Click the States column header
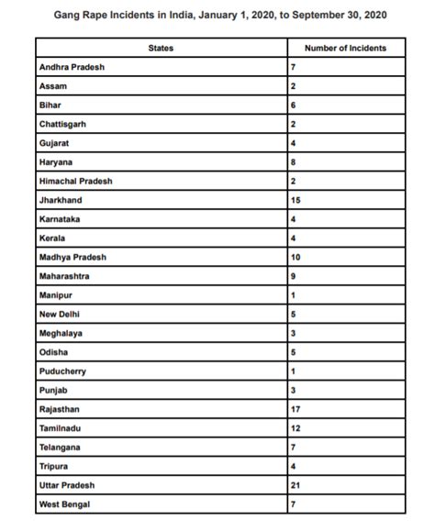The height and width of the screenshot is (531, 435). click(161, 48)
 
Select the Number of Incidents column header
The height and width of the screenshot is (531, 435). click(345, 48)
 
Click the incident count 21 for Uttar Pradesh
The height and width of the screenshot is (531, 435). click(296, 485)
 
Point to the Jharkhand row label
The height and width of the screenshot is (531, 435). click(59, 200)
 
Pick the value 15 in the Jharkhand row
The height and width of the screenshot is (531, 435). click(296, 200)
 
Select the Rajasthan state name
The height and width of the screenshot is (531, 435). click(59, 409)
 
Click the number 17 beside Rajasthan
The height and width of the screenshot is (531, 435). click(296, 409)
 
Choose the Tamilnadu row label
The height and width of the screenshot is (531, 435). click(60, 428)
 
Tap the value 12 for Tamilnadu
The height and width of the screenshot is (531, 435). click(296, 428)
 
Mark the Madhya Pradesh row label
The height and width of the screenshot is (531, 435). click(72, 257)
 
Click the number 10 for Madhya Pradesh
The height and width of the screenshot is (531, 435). click(296, 257)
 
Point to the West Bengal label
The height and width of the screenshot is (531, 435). click(64, 504)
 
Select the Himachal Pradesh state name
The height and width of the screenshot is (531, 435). click(76, 181)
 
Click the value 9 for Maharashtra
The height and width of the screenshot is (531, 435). click(294, 276)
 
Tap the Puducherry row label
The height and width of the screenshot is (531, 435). click(62, 371)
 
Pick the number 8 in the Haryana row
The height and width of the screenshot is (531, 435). click(294, 161)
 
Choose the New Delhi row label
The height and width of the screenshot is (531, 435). click(61, 314)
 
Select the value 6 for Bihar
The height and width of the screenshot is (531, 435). click(294, 105)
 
